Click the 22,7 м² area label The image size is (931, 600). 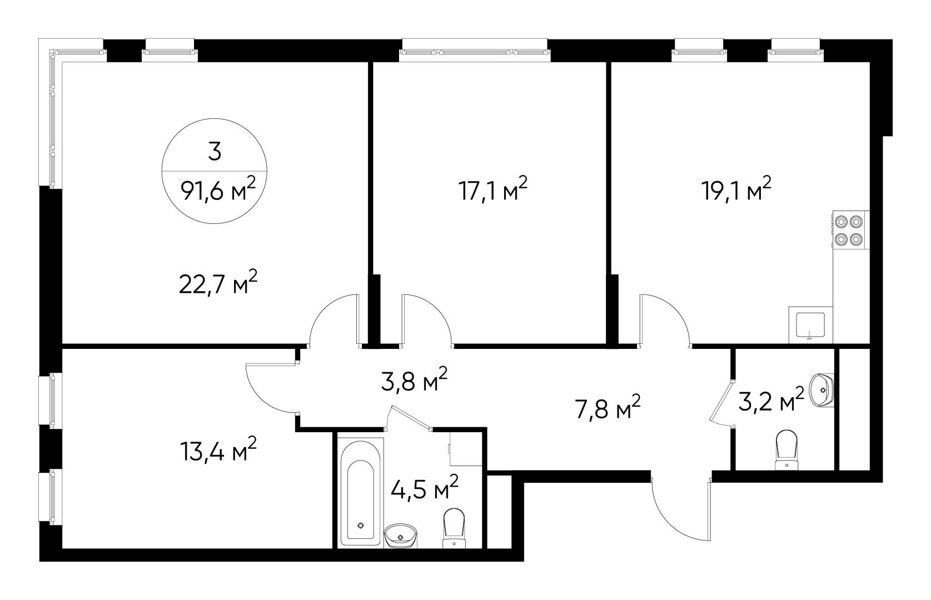[218, 284]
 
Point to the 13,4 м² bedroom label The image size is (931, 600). [218, 451]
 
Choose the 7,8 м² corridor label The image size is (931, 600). [607, 409]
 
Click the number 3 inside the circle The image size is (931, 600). [215, 151]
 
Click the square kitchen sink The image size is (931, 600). [810, 326]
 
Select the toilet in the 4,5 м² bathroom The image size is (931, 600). [454, 529]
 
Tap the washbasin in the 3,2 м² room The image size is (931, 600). [821, 389]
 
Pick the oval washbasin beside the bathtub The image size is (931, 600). [401, 536]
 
